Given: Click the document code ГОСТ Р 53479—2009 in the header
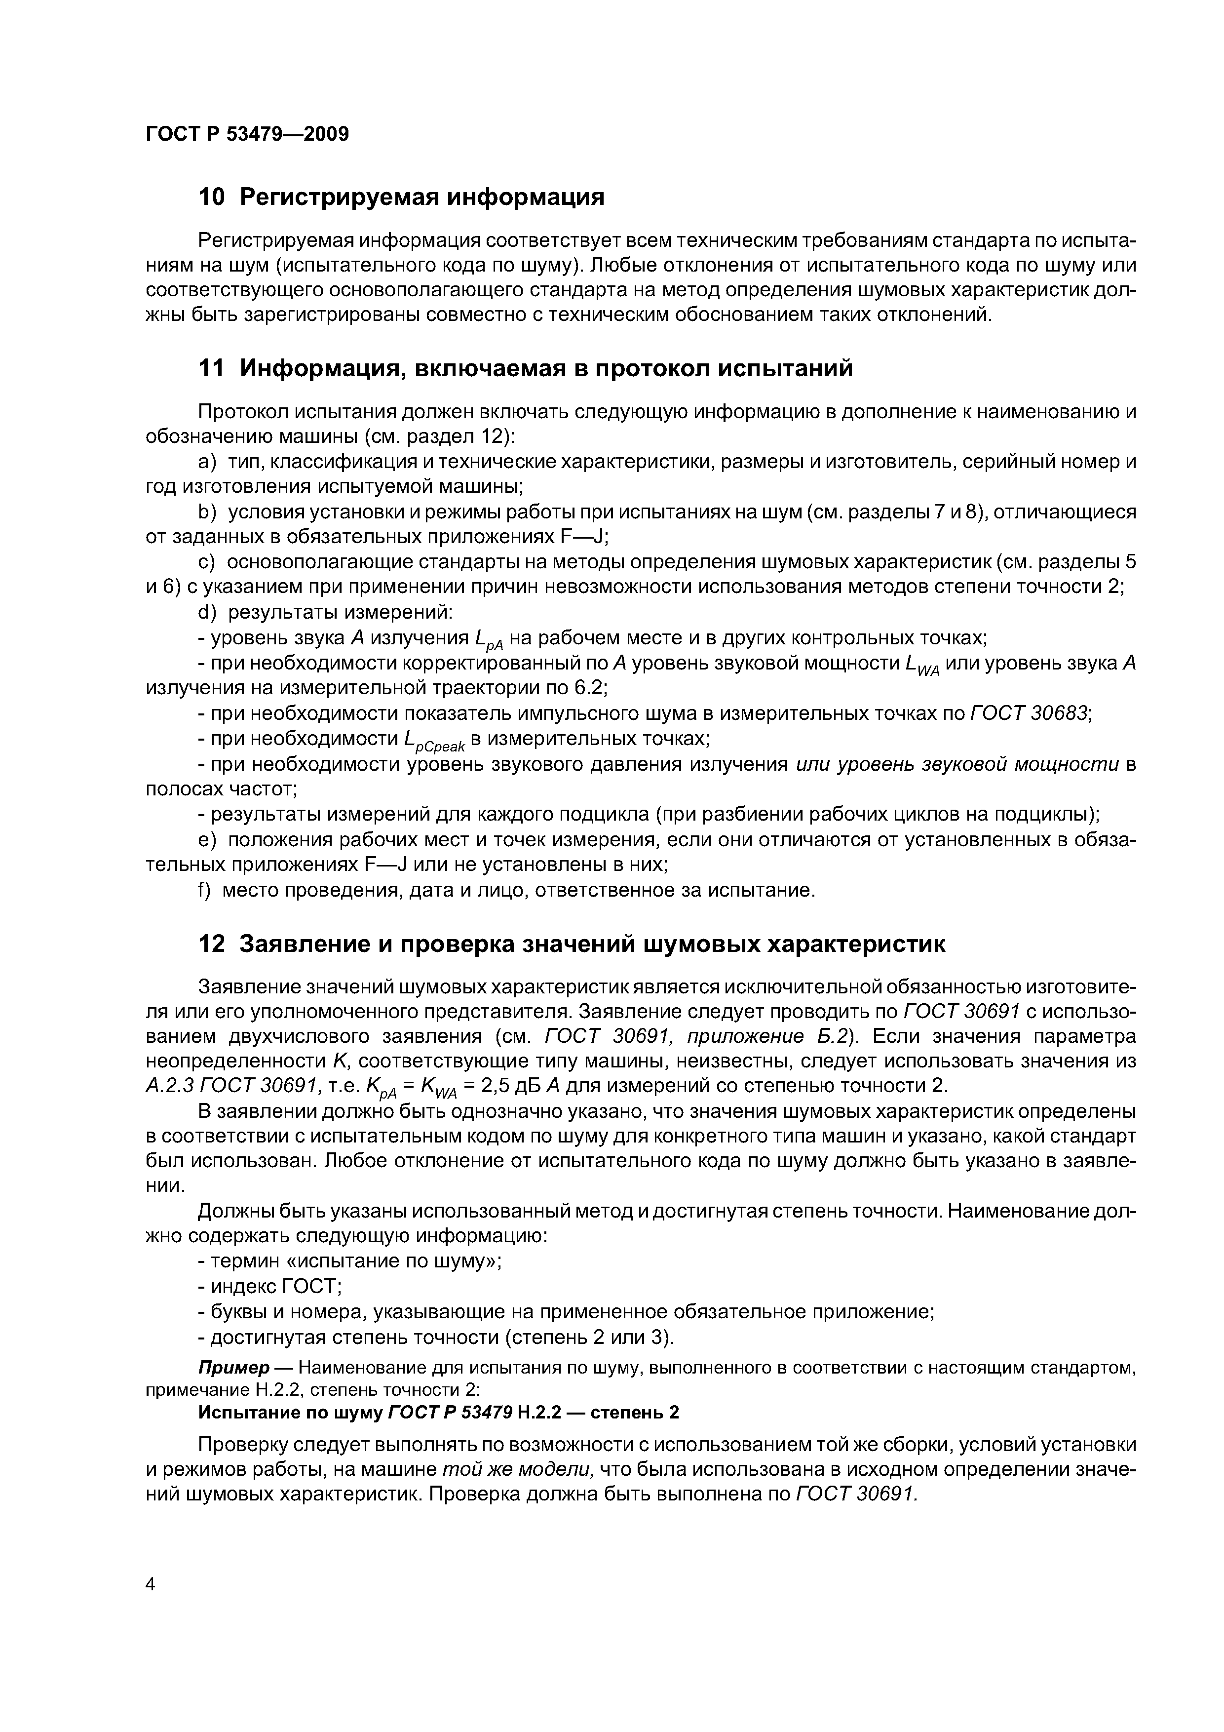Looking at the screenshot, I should [x=247, y=134].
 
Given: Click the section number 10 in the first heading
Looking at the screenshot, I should [x=211, y=197].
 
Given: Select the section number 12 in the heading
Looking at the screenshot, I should [x=211, y=944].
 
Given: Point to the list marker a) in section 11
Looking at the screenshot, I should [x=207, y=461].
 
